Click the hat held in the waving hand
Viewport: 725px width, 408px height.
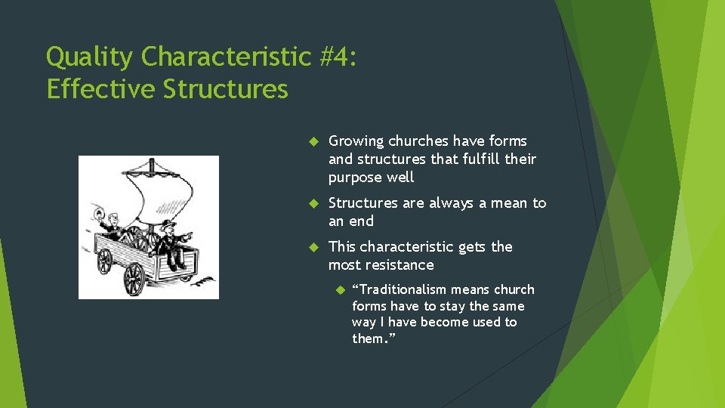coord(97,211)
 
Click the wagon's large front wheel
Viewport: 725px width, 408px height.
coord(134,278)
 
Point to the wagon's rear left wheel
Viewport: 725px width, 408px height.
coord(104,261)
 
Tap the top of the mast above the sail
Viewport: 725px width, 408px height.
coord(153,162)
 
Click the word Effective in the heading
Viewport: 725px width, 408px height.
coord(100,89)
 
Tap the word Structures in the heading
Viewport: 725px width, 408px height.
coord(225,89)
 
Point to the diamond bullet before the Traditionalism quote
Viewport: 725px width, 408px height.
coord(339,290)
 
